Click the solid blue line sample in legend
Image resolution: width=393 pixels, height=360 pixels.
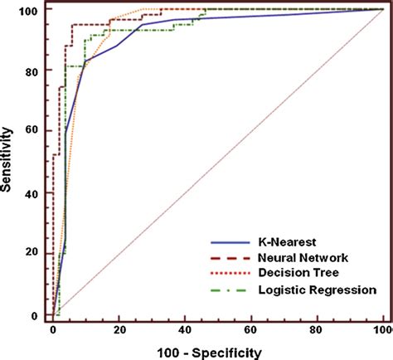pyautogui.click(x=231, y=241)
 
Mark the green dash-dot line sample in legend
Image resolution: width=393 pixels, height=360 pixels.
pyautogui.click(x=231, y=290)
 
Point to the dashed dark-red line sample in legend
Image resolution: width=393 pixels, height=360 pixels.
pyautogui.click(x=231, y=258)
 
